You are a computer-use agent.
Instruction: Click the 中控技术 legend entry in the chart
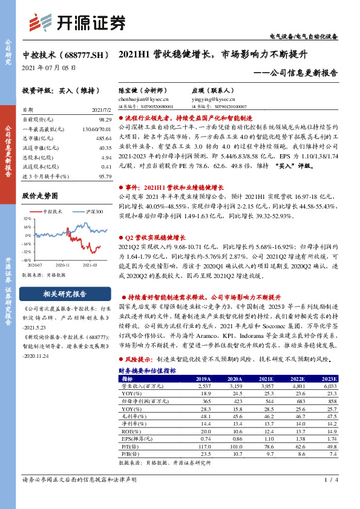(53, 212)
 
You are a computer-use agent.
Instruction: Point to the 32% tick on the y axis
(28, 218)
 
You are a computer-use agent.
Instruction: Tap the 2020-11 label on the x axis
(62, 264)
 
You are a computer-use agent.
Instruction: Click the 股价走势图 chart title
(40, 196)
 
